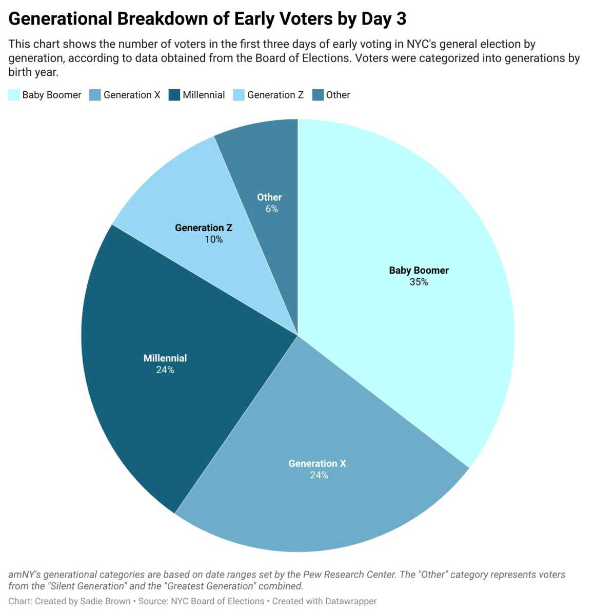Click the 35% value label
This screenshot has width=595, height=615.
[419, 282]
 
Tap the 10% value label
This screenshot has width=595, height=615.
[213, 240]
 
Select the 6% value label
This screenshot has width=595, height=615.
[271, 209]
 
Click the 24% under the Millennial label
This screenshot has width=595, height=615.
[165, 370]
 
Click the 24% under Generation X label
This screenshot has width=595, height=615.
[319, 476]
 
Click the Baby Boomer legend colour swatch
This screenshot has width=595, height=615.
[14, 95]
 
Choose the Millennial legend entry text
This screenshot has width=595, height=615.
[204, 95]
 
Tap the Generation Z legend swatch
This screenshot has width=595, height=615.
[239, 95]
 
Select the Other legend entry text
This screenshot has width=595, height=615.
[338, 95]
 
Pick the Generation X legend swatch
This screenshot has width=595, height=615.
[95, 95]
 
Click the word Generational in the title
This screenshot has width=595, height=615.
[60, 19]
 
